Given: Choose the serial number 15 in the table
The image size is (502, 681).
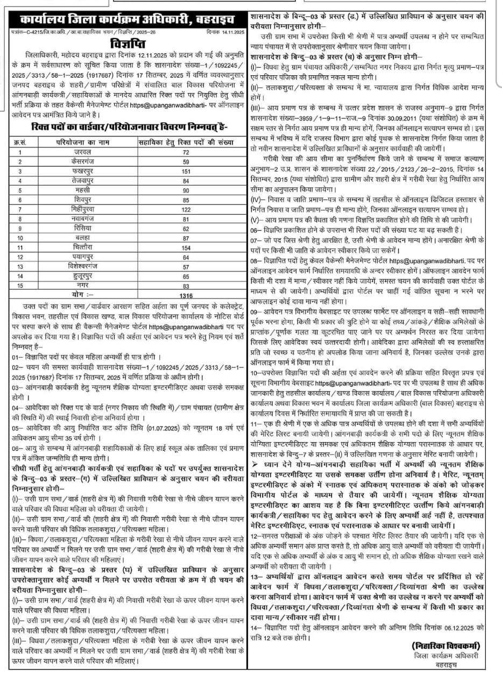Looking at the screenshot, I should (21, 285).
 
